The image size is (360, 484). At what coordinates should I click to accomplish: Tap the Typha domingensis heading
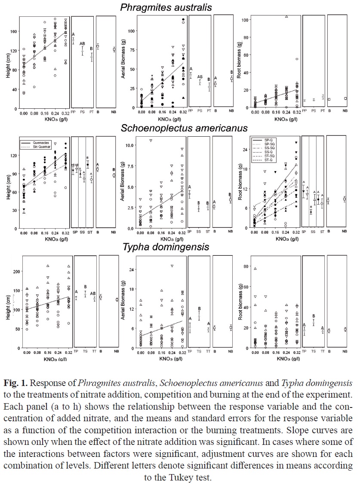166,247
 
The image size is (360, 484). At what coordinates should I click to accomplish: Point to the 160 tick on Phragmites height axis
13,31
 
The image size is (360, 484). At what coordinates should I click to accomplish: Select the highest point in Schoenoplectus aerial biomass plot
151,140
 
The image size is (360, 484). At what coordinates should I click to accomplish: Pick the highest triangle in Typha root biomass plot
255,269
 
